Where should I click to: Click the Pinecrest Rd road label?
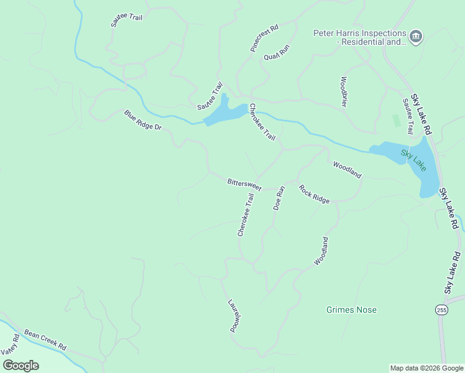(264, 39)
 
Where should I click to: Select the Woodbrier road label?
(343, 92)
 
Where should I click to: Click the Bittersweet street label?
(244, 184)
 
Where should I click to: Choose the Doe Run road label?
(279, 198)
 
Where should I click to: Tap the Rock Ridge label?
(314, 194)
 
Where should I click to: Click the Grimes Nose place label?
(351, 310)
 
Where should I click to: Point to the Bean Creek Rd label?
(45, 340)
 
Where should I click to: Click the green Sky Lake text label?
(413, 161)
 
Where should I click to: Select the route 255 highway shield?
(441, 310)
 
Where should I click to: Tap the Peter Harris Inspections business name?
(360, 37)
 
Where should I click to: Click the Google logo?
(21, 365)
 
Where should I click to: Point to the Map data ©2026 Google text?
(426, 368)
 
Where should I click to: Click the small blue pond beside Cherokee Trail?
(222, 113)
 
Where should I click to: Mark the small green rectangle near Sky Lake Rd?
(396, 121)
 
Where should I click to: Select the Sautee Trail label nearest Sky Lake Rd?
(408, 116)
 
